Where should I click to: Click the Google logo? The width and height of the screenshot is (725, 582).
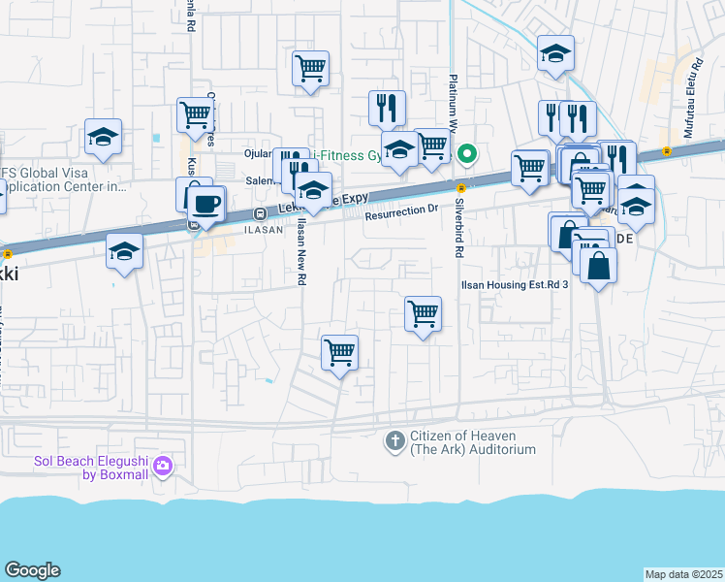click(x=32, y=570)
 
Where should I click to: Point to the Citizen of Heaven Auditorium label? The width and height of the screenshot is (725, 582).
click(x=472, y=442)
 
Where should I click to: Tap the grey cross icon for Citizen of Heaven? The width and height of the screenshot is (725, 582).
click(x=394, y=442)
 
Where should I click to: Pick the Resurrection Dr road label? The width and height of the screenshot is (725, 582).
click(x=402, y=210)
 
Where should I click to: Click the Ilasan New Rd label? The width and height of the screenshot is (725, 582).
click(x=301, y=251)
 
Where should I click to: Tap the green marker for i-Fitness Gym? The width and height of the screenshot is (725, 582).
click(x=466, y=153)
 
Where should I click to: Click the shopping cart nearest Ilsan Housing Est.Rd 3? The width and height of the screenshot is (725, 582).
click(x=423, y=314)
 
